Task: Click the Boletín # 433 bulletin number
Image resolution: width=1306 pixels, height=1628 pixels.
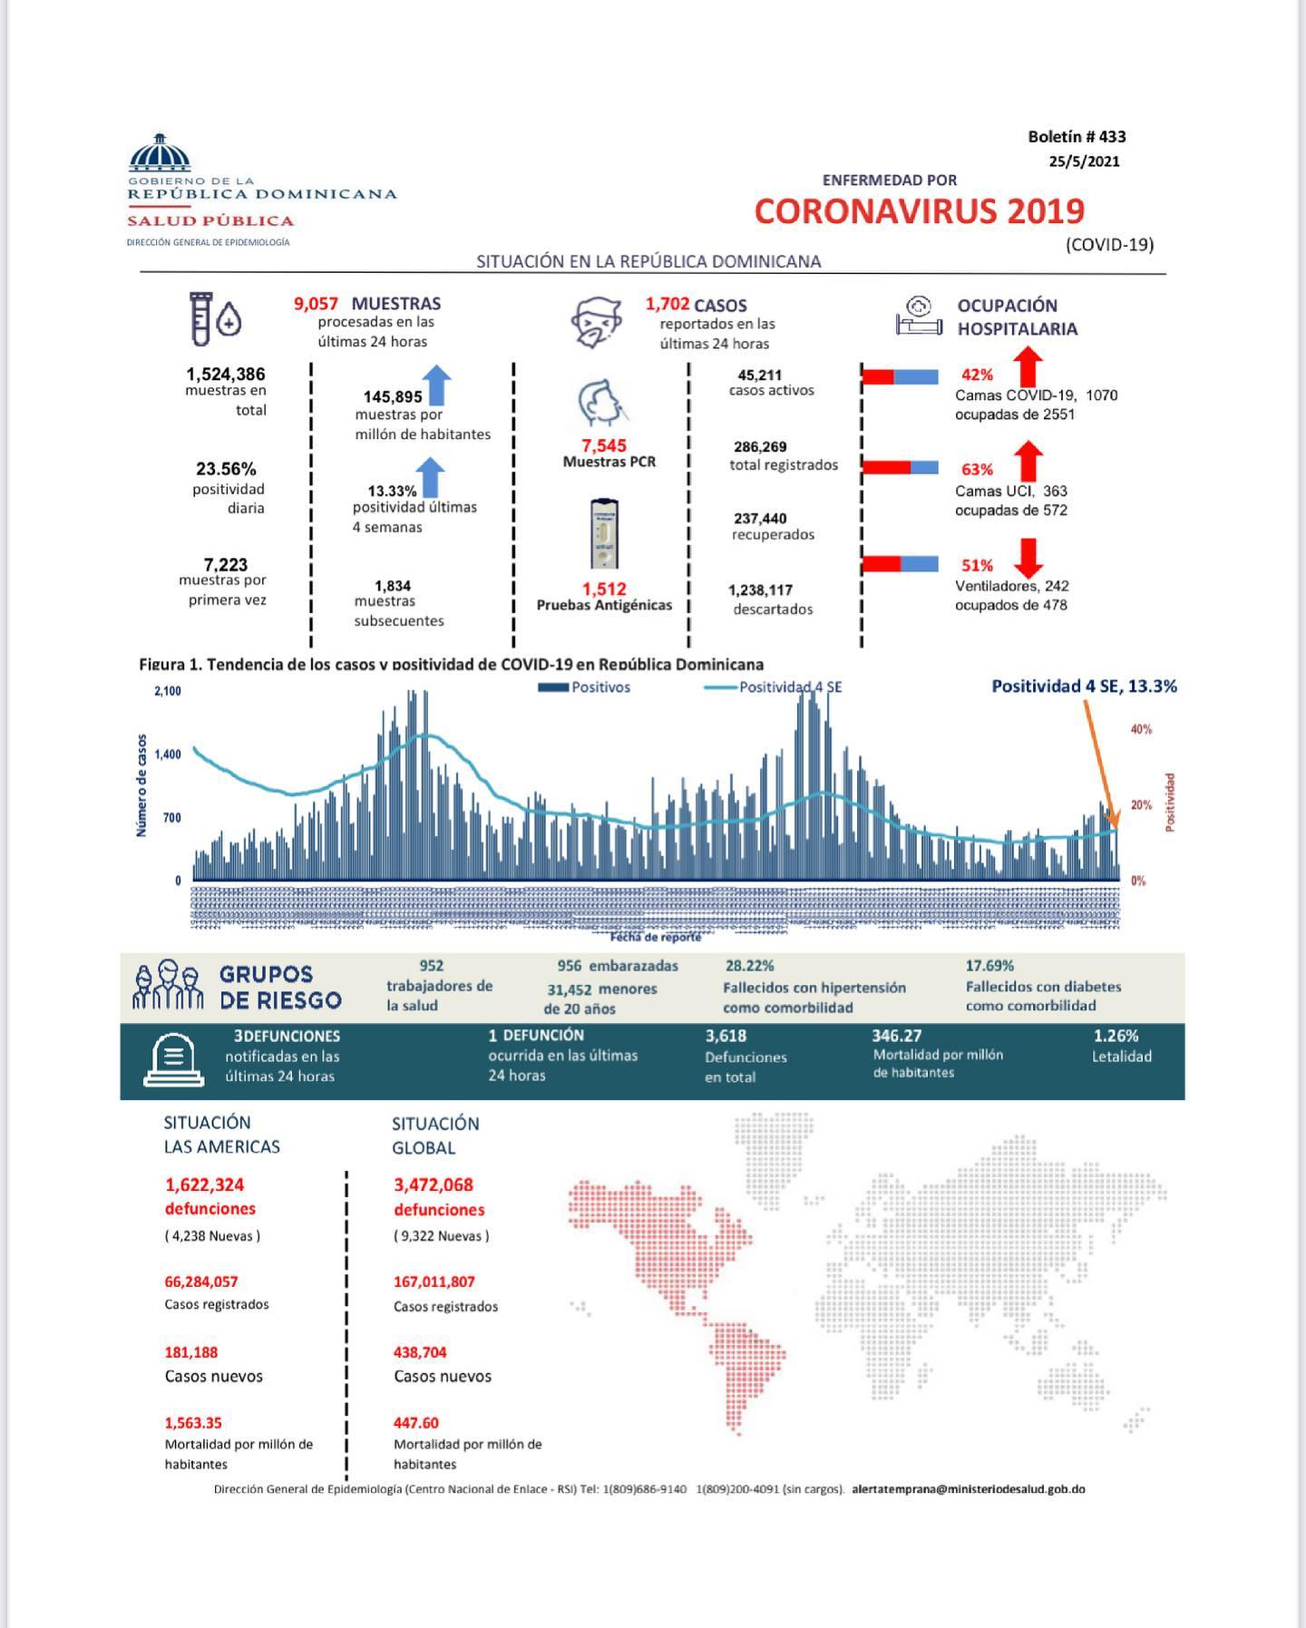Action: (x=1077, y=137)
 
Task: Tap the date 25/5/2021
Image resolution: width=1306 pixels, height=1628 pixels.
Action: (x=1084, y=161)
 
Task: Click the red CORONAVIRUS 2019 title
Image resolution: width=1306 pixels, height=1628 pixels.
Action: (x=919, y=211)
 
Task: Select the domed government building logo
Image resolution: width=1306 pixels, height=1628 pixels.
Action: (x=161, y=153)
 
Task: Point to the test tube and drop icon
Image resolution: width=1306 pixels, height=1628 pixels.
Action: (x=215, y=318)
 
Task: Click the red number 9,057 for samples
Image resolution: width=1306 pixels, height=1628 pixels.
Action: (x=316, y=304)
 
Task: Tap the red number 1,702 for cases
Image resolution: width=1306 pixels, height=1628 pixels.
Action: (x=668, y=305)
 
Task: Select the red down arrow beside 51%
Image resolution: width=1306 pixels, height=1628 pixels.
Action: (x=1028, y=558)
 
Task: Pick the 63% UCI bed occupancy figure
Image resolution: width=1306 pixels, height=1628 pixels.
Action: (x=977, y=470)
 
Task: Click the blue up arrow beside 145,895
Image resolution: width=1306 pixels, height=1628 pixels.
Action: (x=437, y=385)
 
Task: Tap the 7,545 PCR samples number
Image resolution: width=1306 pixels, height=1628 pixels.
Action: (x=604, y=446)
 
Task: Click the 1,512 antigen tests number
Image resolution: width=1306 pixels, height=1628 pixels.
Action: (x=604, y=590)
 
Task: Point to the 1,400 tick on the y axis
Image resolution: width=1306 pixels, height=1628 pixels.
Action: (x=168, y=755)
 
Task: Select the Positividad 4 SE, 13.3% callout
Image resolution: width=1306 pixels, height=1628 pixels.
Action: (x=1084, y=687)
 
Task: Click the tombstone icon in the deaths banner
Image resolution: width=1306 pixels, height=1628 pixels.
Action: (x=173, y=1059)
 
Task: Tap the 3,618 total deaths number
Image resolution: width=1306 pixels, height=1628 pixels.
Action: (x=726, y=1036)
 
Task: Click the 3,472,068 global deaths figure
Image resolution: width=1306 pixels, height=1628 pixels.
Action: (x=434, y=1184)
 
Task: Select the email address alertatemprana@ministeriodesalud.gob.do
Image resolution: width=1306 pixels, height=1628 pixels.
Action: (x=969, y=1488)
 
